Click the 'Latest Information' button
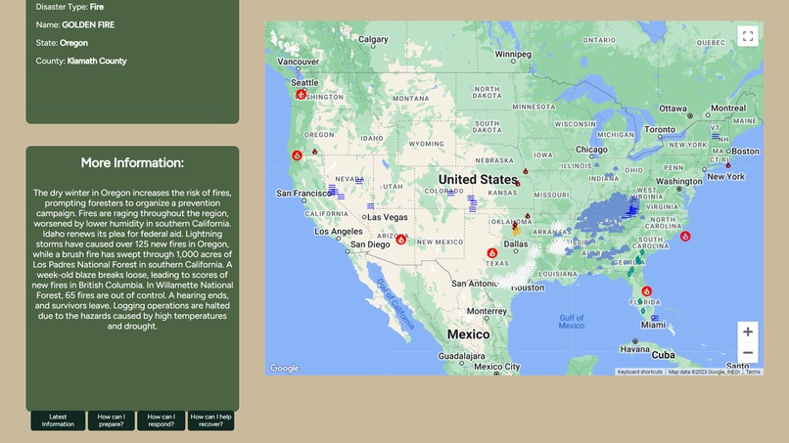(x=58, y=421)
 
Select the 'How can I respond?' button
(x=161, y=421)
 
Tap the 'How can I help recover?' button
(x=210, y=421)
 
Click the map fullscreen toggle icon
(x=747, y=36)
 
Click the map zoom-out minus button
(x=748, y=353)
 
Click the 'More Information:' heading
(x=132, y=162)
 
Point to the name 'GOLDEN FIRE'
(x=88, y=24)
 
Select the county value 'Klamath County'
(x=97, y=61)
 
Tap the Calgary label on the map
(x=373, y=40)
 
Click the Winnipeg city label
(x=513, y=54)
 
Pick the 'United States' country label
(x=478, y=180)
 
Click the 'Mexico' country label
(x=468, y=334)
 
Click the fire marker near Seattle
(x=302, y=95)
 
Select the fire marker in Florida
(x=647, y=291)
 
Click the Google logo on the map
(x=285, y=369)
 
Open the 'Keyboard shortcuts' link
(x=640, y=372)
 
